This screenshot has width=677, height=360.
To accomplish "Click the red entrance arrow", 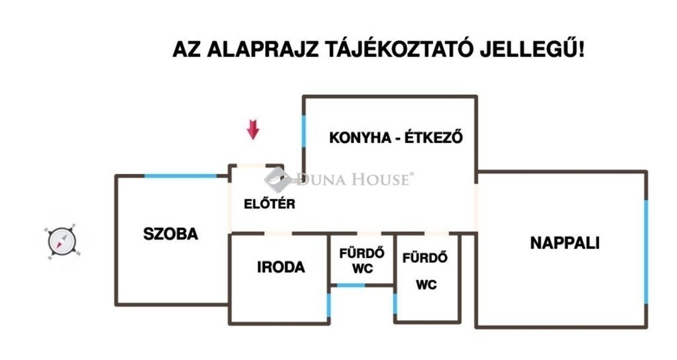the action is (252, 130).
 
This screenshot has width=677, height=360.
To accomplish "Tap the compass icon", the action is (62, 242).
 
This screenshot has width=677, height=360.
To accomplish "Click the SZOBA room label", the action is (170, 234).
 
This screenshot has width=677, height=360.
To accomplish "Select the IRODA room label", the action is (281, 267).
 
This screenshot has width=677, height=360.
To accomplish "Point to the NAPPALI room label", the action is (565, 243).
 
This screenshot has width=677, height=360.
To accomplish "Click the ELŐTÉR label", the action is (269, 203).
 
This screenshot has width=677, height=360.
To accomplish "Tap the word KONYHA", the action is (357, 138).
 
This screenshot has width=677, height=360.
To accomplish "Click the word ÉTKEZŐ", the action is (434, 137).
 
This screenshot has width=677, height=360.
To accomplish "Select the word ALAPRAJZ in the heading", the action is (263, 50).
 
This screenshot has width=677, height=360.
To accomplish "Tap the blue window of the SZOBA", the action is (180, 176).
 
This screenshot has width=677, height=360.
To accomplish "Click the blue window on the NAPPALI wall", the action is (646, 252).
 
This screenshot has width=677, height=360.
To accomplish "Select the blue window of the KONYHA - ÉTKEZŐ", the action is (303, 131).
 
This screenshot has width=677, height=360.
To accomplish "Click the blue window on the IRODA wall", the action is (329, 306).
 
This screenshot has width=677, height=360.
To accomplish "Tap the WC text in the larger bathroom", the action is (426, 285).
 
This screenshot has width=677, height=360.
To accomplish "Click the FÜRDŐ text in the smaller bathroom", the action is (362, 253).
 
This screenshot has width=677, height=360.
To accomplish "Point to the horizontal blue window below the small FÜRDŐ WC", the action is (351, 285).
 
